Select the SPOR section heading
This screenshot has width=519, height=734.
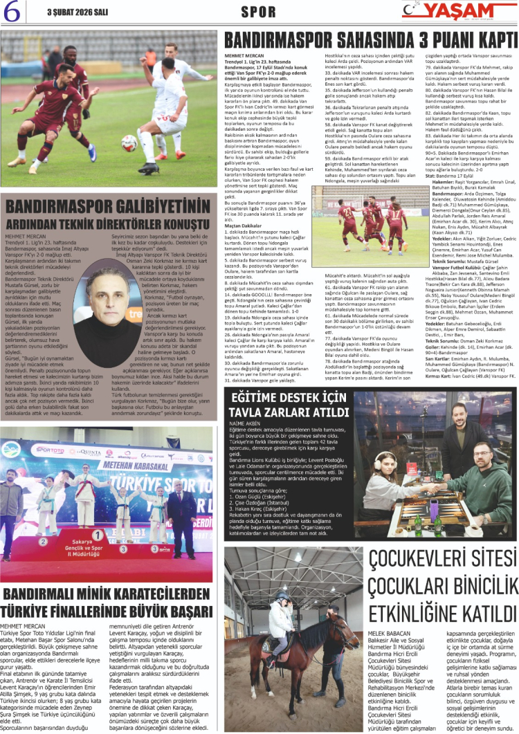(x=259, y=12)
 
